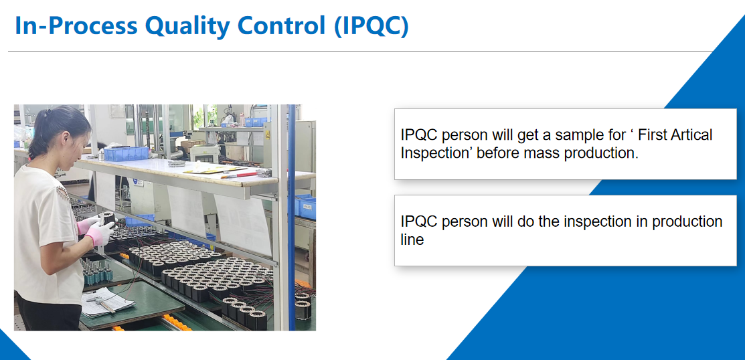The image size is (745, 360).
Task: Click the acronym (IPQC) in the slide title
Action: tap(371, 27)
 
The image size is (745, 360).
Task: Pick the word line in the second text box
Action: tap(412, 240)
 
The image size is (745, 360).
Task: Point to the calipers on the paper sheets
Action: tap(101, 302)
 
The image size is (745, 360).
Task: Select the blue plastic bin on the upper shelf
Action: tap(126, 153)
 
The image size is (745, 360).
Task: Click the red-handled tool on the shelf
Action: tap(240, 174)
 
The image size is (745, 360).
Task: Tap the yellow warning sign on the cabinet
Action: tap(268, 135)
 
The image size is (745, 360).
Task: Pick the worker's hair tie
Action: tap(46, 114)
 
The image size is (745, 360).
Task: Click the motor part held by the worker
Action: tap(109, 219)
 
